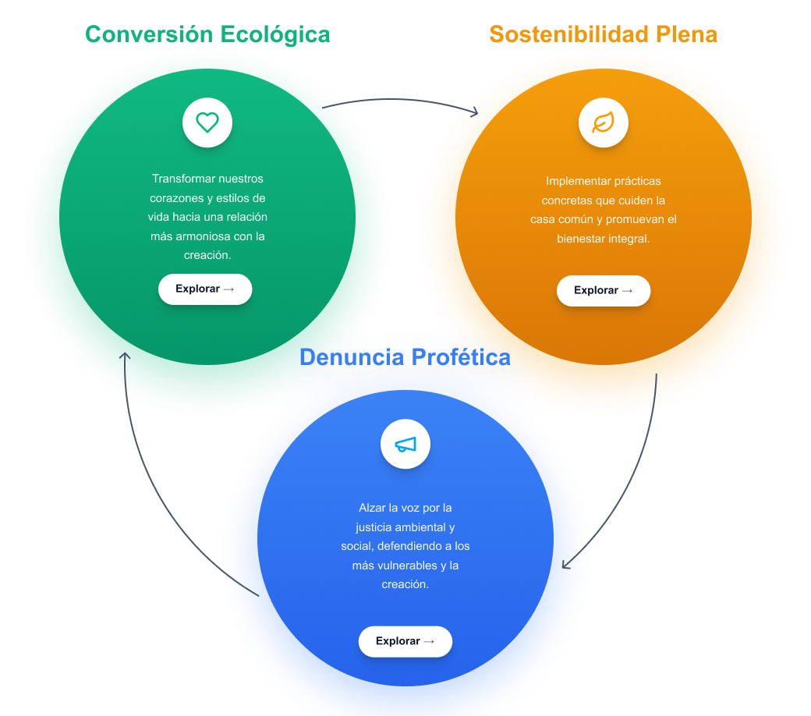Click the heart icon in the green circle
207,122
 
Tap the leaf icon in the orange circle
603,122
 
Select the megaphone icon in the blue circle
405,445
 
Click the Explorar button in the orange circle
603,290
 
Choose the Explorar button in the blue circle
405,641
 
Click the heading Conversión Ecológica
207,34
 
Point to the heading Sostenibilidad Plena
603,34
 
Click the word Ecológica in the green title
275,34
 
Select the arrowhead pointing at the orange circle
473,112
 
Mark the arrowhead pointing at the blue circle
566,563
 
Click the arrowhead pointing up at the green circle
124,356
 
